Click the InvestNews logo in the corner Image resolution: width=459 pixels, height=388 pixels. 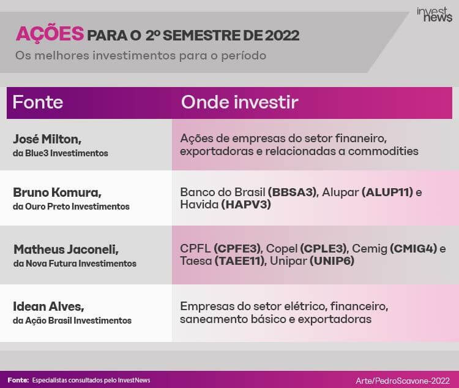coord(435,15)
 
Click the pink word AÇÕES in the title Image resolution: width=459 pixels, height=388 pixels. coord(50,34)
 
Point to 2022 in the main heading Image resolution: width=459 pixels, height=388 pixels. coord(282,36)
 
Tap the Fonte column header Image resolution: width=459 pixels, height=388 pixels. coord(38,102)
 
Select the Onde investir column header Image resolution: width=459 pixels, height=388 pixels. coord(239,102)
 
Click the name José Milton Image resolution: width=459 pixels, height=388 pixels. coord(47,139)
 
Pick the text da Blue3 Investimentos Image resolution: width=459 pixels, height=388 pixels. coord(61,153)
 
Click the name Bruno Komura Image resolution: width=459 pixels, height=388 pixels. coord(57,192)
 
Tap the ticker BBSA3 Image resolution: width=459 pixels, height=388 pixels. coord(293,192)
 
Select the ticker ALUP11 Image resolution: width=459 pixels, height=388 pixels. coord(387,192)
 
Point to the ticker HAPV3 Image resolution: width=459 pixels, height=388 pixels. coord(246,204)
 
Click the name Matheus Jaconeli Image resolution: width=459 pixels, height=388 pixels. coord(66,249)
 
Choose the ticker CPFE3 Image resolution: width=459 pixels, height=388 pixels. coord(237,249)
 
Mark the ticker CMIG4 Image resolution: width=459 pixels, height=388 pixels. coord(413,249)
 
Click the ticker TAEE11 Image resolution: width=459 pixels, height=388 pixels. coord(240,261)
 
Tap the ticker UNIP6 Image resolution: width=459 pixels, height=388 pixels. coord(332,261)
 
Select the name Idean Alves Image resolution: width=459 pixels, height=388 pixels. coord(48,306)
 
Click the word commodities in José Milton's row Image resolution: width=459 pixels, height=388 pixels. coord(383,151)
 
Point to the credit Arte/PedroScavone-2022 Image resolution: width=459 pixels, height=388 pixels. coord(403,381)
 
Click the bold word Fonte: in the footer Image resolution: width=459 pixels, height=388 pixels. coord(18,381)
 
